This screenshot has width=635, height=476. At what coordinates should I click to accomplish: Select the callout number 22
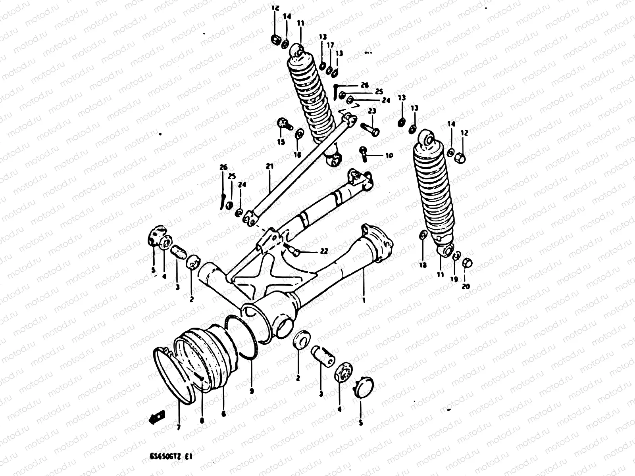[x=324, y=251]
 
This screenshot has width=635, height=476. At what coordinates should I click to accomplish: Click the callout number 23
[x=371, y=111]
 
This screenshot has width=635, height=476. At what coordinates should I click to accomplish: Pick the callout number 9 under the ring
[x=252, y=391]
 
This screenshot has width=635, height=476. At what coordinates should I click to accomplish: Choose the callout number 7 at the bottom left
[x=178, y=427]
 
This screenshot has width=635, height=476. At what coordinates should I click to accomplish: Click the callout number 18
[x=423, y=265]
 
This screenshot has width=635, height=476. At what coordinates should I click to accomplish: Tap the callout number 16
[x=298, y=154]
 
